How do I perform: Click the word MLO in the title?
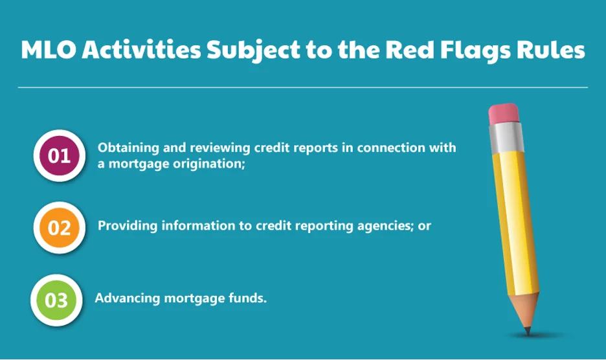49,49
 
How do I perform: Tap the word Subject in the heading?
254,51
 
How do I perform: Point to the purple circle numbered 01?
59,155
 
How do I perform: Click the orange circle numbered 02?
59,227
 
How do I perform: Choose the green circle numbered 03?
56,300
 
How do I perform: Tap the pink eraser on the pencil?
503,114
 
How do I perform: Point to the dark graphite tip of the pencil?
527,331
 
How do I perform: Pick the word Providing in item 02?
128,226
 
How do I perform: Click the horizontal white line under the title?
303,87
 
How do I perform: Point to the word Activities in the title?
141,49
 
